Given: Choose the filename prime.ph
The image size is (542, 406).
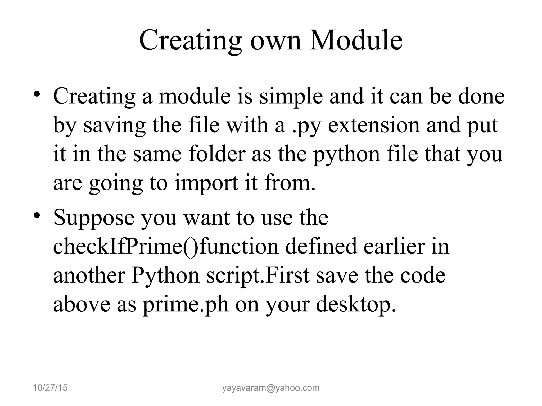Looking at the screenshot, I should point(186,305).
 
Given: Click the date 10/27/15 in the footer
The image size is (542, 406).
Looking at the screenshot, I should point(50,388).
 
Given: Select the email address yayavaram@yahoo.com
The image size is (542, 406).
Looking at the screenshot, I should point(271,388).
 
